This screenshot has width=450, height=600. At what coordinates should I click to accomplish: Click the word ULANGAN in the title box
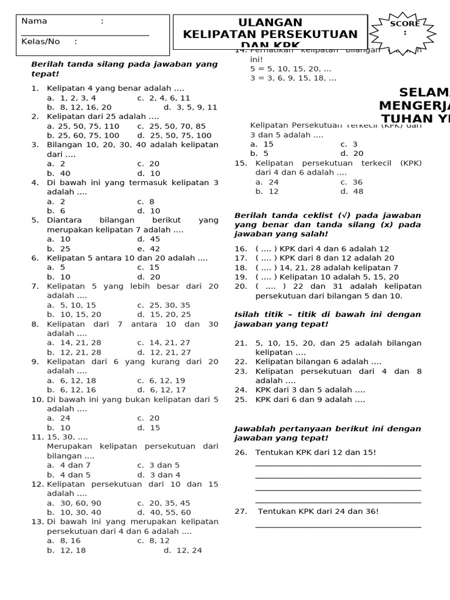click(x=270, y=22)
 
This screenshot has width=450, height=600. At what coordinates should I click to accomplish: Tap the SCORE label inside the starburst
click(x=405, y=24)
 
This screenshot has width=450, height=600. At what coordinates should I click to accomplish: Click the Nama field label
click(x=34, y=21)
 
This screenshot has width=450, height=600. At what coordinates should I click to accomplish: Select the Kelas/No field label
click(x=40, y=42)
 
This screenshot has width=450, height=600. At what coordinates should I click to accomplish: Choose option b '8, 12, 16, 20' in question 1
click(x=79, y=107)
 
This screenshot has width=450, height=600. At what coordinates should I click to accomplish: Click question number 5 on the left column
click(x=35, y=220)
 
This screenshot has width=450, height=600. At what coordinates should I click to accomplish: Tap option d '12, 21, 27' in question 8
click(x=164, y=352)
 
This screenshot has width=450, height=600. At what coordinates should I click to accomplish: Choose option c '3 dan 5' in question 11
click(x=158, y=465)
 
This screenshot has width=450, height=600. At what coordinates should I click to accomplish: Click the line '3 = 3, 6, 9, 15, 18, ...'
click(x=293, y=78)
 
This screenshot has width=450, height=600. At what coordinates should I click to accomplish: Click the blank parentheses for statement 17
click(x=266, y=258)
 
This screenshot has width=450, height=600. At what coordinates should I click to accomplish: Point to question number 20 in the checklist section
click(x=241, y=286)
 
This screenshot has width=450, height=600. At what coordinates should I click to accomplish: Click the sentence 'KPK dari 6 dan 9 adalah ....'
click(x=310, y=400)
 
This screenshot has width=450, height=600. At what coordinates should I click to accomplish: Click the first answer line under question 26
click(x=338, y=466)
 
